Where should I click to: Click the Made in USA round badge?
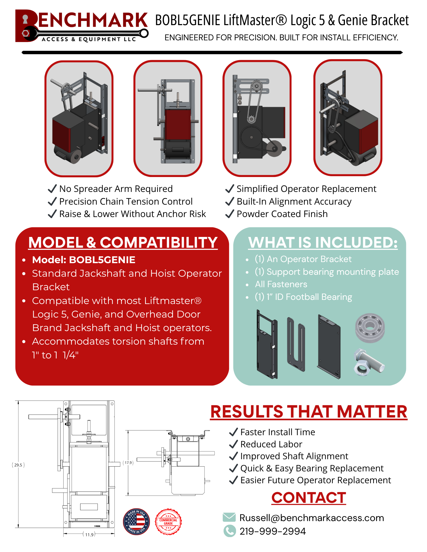(x=136, y=521)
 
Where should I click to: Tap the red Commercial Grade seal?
(x=168, y=522)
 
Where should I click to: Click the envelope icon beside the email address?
(x=229, y=517)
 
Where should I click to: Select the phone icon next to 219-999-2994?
(x=229, y=531)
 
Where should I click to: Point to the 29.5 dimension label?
(x=18, y=465)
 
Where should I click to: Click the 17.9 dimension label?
(x=128, y=463)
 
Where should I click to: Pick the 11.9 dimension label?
(x=89, y=535)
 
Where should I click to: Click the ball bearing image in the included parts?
(x=370, y=328)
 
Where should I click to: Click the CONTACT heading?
(x=308, y=498)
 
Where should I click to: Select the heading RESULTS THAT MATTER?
(x=308, y=412)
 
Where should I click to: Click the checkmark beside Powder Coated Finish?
(x=230, y=214)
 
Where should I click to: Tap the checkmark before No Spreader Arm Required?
(x=52, y=189)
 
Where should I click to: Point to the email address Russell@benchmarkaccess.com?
(x=311, y=518)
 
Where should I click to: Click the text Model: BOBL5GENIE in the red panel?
(x=83, y=260)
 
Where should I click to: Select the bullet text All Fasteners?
(x=281, y=284)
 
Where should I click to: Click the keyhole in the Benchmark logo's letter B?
(x=25, y=19)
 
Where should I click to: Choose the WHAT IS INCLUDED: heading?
(x=323, y=242)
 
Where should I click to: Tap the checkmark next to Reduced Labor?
(x=234, y=444)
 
